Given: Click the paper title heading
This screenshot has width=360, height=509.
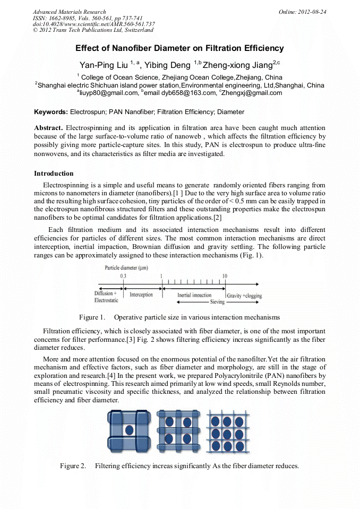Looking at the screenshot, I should [x=179, y=48].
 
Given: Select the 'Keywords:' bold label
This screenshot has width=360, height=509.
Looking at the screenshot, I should [x=51, y=112].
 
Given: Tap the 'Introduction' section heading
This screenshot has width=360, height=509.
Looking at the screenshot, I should [x=54, y=174].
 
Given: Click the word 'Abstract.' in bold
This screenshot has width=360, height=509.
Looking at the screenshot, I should [x=49, y=128].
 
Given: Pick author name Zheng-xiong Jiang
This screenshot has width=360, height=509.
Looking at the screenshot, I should [x=237, y=66].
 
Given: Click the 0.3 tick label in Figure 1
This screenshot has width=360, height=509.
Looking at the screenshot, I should [x=123, y=276].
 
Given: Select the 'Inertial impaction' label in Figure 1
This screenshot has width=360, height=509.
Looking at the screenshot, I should [x=194, y=295].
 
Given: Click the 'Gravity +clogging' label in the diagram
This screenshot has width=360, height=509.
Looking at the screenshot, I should [x=244, y=296].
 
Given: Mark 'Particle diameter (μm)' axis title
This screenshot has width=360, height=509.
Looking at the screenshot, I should [x=126, y=268].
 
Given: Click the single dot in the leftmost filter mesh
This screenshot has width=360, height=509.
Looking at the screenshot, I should [x=128, y=429].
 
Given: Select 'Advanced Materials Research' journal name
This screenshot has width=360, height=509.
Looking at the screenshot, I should [x=69, y=12].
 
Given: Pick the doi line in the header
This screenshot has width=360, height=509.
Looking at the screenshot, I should [x=93, y=24].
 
